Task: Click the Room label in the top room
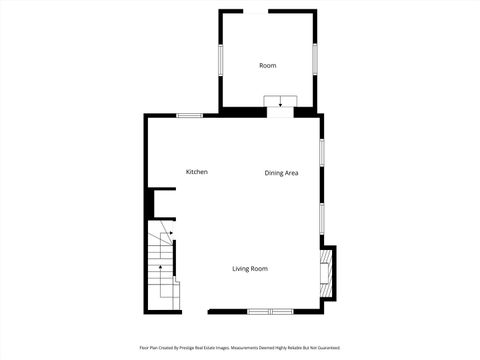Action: point(267,65)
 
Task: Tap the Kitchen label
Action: point(197,172)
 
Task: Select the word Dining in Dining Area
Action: point(274,173)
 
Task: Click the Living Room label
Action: point(250,268)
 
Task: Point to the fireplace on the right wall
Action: point(324,274)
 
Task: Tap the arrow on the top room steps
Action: point(281,102)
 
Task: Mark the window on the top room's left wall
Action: point(220,58)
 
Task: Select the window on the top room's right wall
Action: point(315,58)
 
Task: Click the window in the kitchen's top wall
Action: point(190,115)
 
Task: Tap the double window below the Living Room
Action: point(270,311)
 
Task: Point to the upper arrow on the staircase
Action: point(171,233)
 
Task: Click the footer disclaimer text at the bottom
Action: point(240,347)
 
